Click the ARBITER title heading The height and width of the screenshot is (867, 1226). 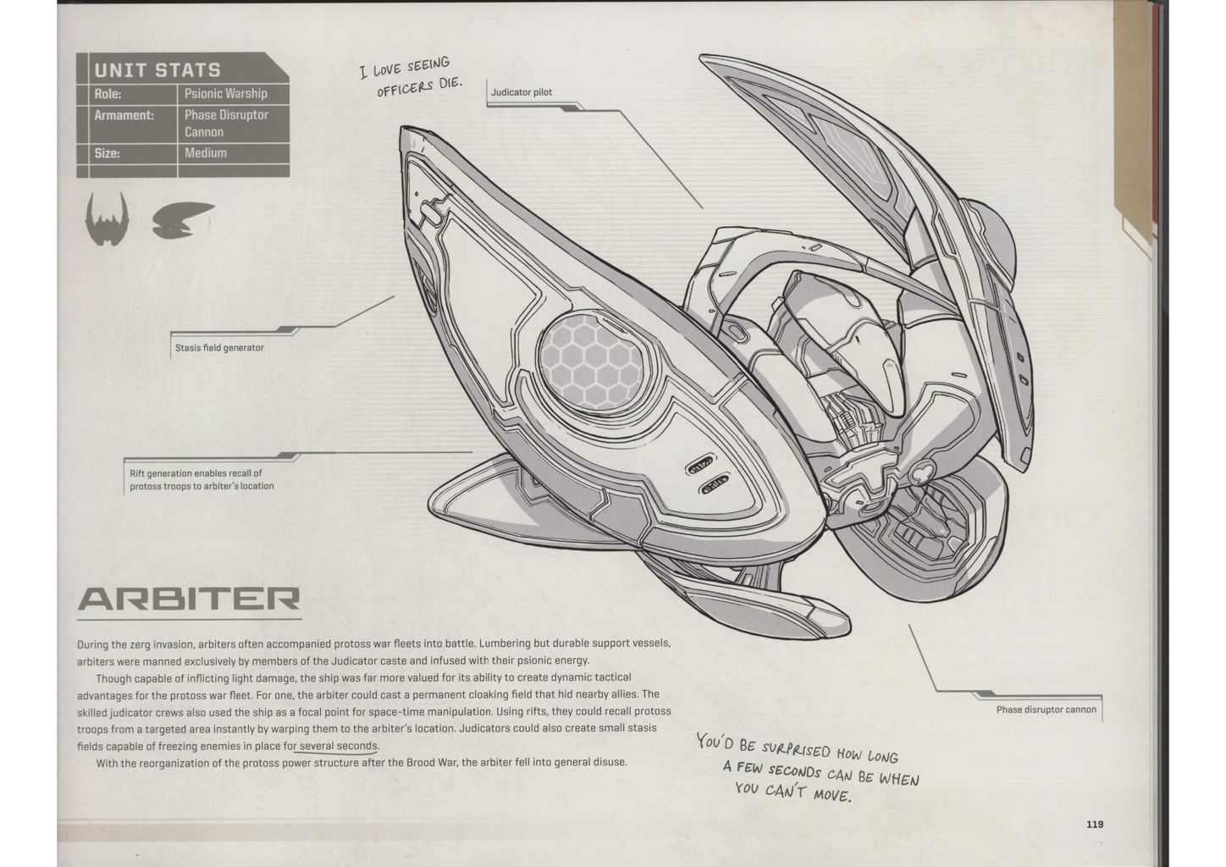pyautogui.click(x=188, y=599)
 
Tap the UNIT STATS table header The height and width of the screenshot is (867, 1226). pyautogui.click(x=157, y=70)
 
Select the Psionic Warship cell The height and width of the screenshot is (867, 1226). pyautogui.click(x=225, y=94)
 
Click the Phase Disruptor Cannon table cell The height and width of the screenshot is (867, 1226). pyautogui.click(x=226, y=123)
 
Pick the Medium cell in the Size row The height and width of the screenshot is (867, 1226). pyautogui.click(x=206, y=153)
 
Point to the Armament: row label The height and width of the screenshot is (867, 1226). pyautogui.click(x=124, y=115)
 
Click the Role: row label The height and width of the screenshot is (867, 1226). pyautogui.click(x=108, y=94)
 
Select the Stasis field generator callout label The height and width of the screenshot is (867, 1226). pyautogui.click(x=219, y=347)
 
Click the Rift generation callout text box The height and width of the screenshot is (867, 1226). pyautogui.click(x=202, y=479)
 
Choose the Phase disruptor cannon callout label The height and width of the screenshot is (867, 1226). pyautogui.click(x=1046, y=710)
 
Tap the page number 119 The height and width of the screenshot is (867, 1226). pyautogui.click(x=1095, y=824)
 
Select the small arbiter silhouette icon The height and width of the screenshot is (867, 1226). pyautogui.click(x=182, y=220)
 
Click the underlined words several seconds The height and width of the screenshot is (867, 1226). pyautogui.click(x=339, y=746)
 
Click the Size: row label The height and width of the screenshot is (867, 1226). pyautogui.click(x=108, y=153)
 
